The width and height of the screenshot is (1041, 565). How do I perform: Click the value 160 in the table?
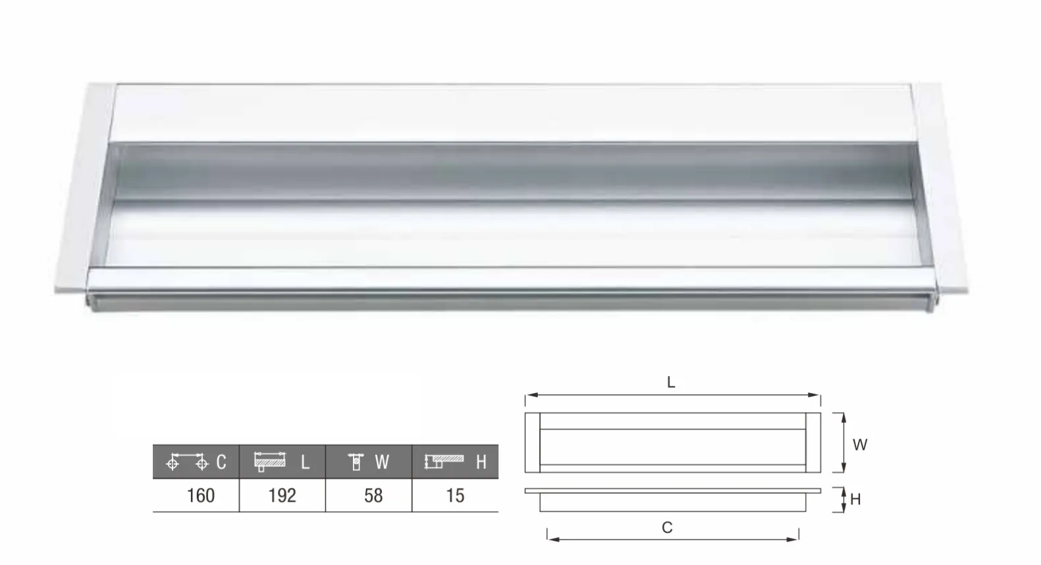[x=201, y=496]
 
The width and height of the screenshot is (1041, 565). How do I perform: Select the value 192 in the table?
[x=282, y=496]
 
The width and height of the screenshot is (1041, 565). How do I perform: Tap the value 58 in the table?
[x=373, y=496]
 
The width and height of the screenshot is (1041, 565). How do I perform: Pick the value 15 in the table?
[x=455, y=496]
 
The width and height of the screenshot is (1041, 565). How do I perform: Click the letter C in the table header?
[x=221, y=462]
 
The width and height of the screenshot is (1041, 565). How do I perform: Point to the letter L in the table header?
[x=305, y=462]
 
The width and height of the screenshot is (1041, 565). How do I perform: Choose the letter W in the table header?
[x=381, y=462]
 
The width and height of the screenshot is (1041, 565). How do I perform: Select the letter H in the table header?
[x=481, y=462]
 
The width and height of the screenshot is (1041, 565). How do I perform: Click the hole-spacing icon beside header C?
[x=187, y=462]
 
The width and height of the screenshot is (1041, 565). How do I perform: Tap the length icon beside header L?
[x=270, y=462]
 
